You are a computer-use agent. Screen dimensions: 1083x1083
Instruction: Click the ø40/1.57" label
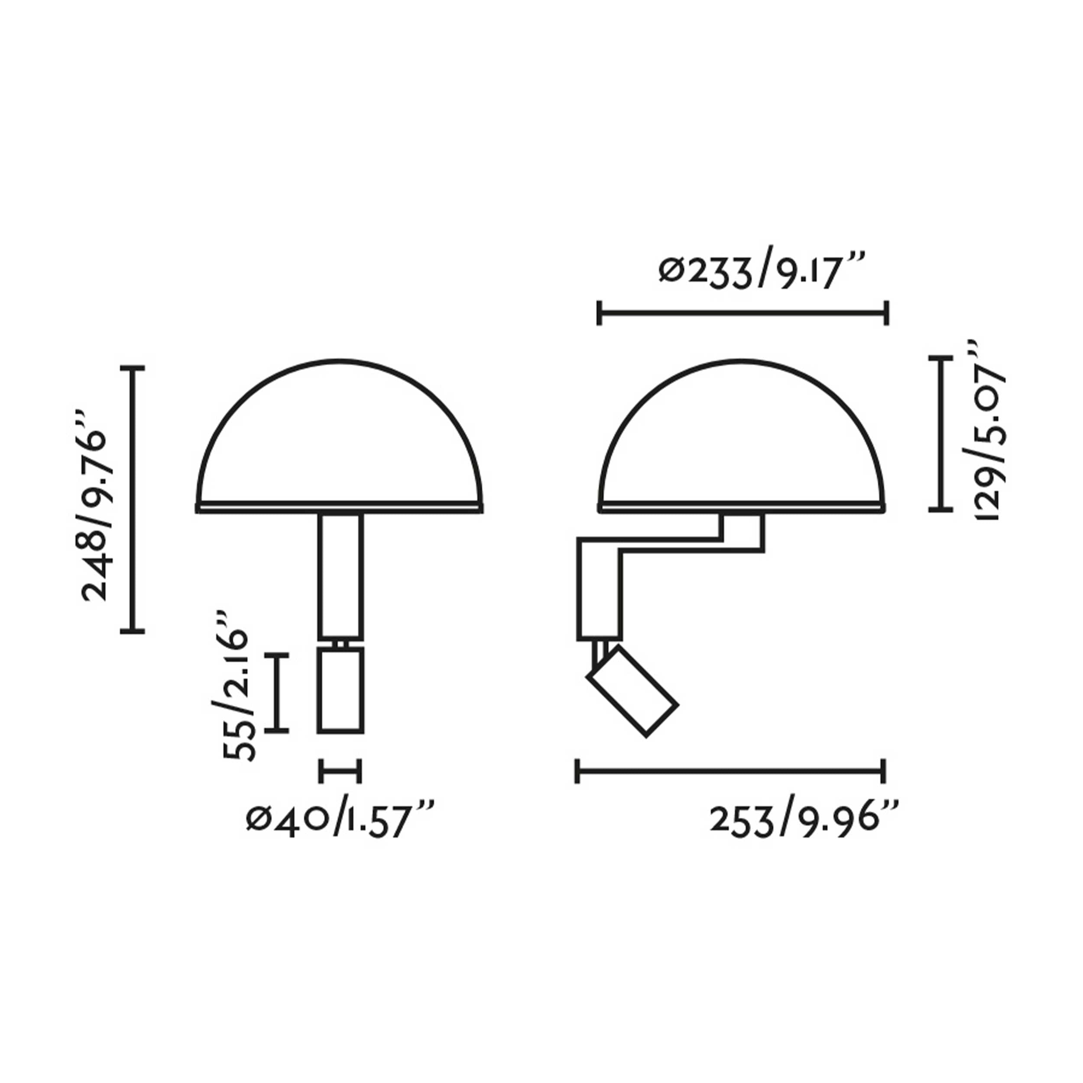click(x=339, y=821)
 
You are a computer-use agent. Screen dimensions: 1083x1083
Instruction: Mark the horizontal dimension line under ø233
click(x=743, y=313)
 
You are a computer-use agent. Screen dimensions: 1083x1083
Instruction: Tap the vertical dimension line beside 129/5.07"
click(x=940, y=433)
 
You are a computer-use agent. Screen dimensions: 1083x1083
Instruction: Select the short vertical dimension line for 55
click(x=276, y=692)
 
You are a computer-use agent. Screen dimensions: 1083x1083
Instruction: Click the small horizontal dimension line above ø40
click(x=340, y=771)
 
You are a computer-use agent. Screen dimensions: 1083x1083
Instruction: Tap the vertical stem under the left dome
click(x=340, y=574)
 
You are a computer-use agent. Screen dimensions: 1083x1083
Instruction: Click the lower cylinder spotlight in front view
click(x=340, y=691)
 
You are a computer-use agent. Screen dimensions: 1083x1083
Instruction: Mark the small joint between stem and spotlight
click(x=340, y=643)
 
